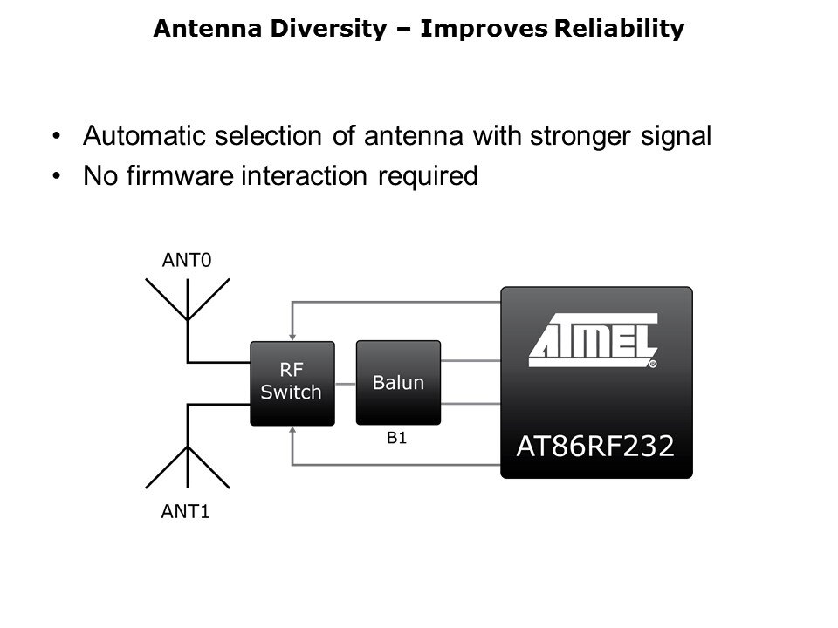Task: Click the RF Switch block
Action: pos(292,384)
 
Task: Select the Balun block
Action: pos(398,383)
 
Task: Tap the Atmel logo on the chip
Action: pos(594,341)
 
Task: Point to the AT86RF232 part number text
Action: pos(595,446)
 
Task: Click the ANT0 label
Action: pos(187,260)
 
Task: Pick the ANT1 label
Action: pos(185,512)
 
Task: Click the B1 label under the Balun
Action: pos(396,438)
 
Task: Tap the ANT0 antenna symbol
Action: pos(188,320)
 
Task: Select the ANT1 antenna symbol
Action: pos(188,446)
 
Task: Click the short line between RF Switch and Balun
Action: pos(346,384)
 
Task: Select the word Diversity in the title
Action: pos(329,28)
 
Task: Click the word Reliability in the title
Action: pos(619,28)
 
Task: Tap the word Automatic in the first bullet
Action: pos(144,136)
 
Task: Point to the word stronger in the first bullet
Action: pos(580,137)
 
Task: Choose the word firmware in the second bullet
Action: pos(180,175)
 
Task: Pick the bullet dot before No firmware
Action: pos(57,175)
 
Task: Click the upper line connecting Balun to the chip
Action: pos(471,361)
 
